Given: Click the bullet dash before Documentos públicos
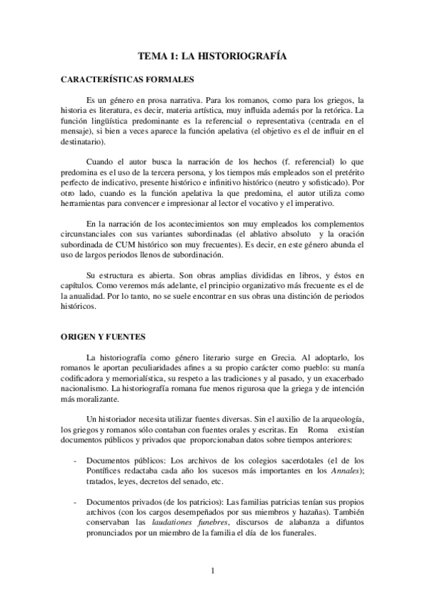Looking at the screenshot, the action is coord(75,459).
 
